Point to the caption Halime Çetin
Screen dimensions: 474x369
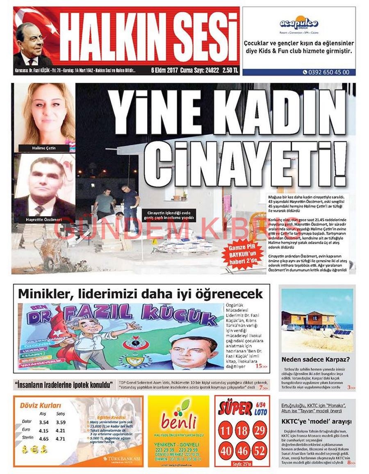(x=44, y=148)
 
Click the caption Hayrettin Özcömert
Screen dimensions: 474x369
(x=44, y=219)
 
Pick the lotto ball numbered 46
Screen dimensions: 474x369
(x=243, y=451)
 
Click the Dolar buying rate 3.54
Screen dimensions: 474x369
(x=44, y=422)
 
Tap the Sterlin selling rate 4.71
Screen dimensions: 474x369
(x=60, y=439)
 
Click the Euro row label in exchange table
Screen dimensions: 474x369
(x=26, y=430)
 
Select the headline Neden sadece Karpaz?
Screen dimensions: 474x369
(x=315, y=360)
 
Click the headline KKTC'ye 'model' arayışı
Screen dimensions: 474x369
(x=316, y=421)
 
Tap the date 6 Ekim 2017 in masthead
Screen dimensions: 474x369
(x=164, y=70)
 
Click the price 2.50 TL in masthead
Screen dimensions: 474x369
(x=230, y=70)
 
